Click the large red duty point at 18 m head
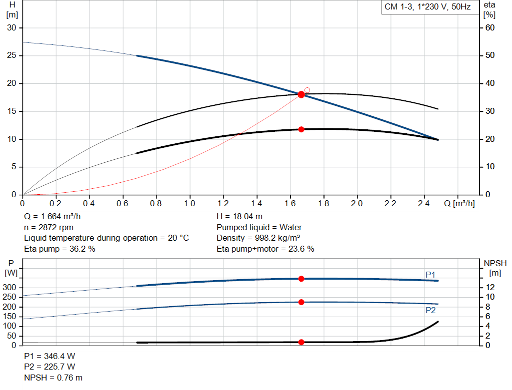[x=301, y=94]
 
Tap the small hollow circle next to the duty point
[x=307, y=90]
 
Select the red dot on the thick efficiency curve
[x=301, y=129]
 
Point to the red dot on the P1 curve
[x=301, y=279]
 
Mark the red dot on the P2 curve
[x=301, y=302]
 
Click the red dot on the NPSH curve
[x=301, y=342]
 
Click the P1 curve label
[x=430, y=275]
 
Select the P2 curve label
[x=430, y=310]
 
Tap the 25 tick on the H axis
[x=11, y=56]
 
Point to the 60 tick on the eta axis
[x=490, y=28]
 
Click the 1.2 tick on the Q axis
[x=223, y=204]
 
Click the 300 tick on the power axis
[x=11, y=288]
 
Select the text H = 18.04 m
[x=239, y=217]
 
